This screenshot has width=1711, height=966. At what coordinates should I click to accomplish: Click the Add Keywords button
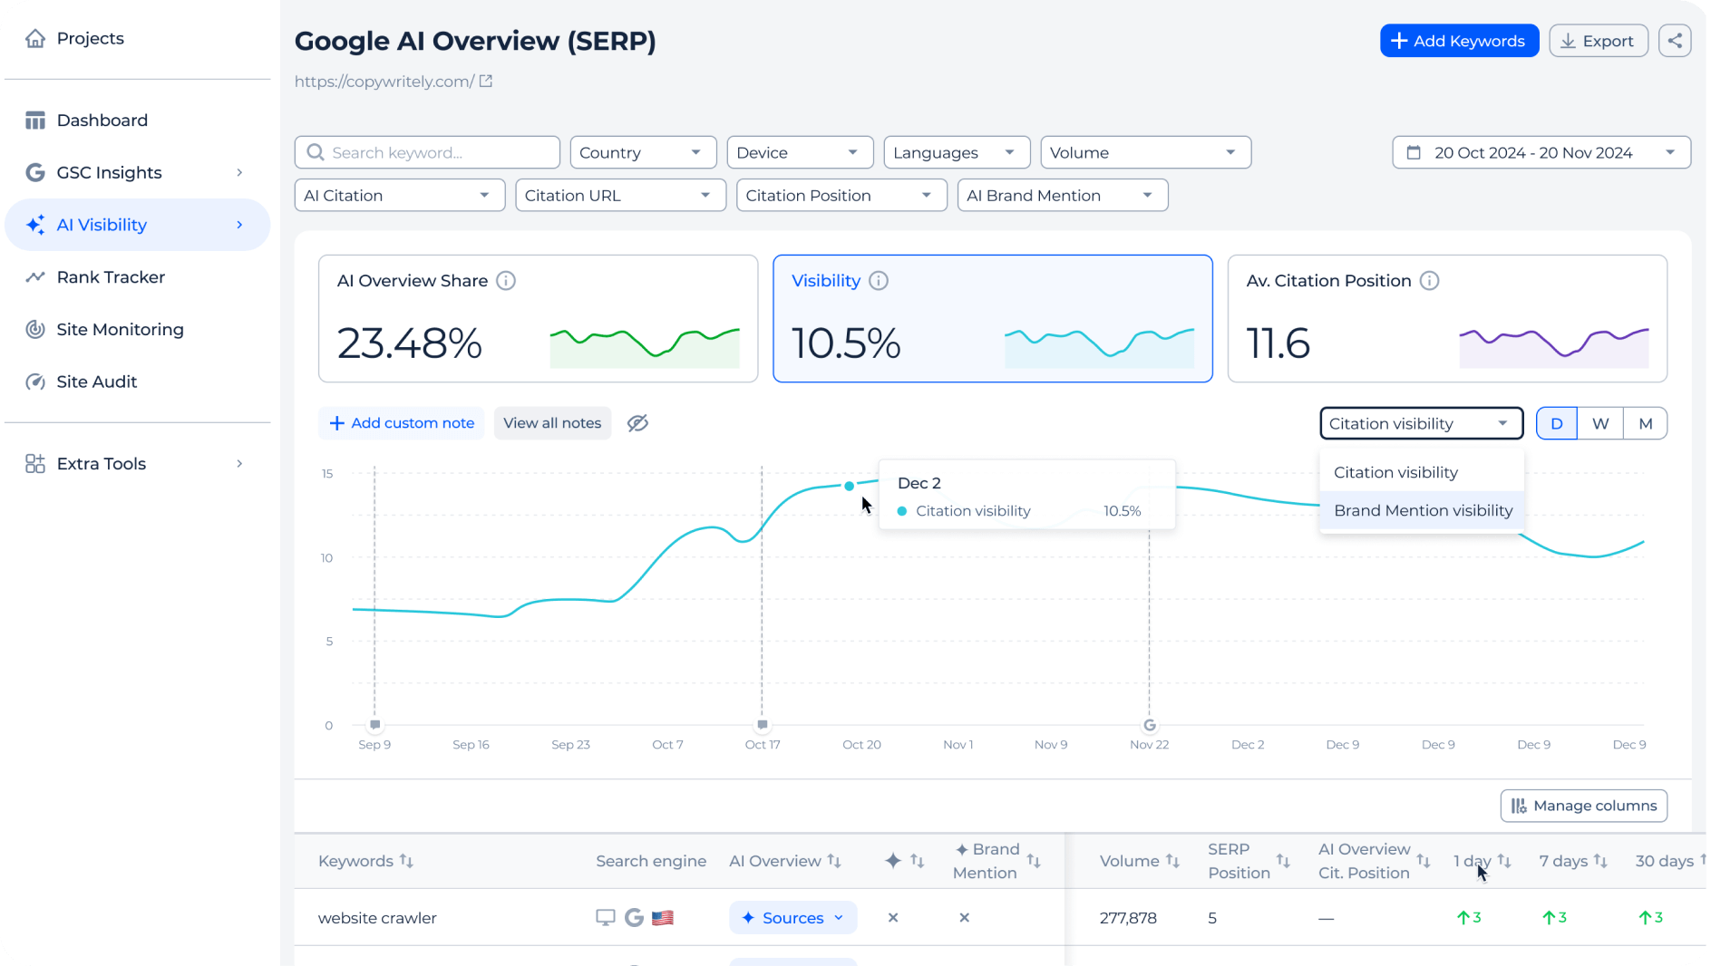(x=1458, y=41)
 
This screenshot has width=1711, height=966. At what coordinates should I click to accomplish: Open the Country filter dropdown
(x=642, y=152)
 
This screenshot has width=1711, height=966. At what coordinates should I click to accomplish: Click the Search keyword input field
(x=427, y=152)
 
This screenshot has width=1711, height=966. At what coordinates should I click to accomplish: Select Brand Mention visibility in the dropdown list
(x=1422, y=510)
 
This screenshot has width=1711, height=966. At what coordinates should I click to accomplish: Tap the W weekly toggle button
(x=1599, y=423)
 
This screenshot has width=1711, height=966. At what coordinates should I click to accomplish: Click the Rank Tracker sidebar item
(x=111, y=277)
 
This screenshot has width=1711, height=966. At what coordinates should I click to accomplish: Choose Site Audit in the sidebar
(x=96, y=382)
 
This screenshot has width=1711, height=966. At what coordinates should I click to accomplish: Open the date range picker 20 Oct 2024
(x=1540, y=152)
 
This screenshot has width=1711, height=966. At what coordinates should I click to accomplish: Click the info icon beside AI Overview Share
(x=506, y=281)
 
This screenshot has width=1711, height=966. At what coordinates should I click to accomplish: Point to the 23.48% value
(x=410, y=343)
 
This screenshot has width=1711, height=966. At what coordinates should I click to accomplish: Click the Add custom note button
(x=401, y=423)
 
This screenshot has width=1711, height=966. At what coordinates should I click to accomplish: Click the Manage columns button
(x=1583, y=806)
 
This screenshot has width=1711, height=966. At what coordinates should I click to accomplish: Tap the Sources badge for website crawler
(x=792, y=918)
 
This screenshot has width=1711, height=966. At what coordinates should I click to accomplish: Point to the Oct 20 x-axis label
(x=860, y=744)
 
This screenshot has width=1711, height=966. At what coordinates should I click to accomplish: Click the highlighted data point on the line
(x=849, y=486)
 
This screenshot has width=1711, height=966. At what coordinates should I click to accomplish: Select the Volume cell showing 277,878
(x=1127, y=918)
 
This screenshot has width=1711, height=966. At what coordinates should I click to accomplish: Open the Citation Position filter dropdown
(x=840, y=196)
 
